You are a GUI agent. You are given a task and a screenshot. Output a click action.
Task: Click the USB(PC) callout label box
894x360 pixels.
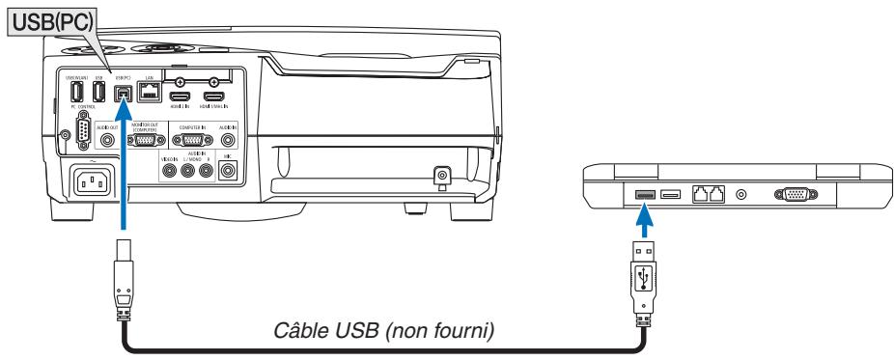click(x=46, y=20)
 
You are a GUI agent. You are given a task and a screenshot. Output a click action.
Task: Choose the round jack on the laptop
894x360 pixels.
click(x=742, y=194)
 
